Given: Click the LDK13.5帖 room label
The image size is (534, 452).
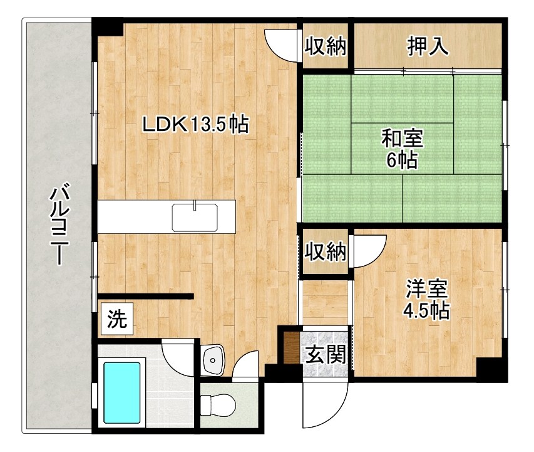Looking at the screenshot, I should pos(195,125).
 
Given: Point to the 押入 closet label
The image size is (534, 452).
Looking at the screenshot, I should pos(428,47).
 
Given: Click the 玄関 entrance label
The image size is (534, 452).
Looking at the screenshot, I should pos(326,355).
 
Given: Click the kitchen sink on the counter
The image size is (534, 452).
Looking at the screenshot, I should pos(195,217).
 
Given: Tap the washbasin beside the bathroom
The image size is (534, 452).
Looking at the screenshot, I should pos(214,360).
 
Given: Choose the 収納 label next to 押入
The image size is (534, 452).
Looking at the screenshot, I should pos(326,47).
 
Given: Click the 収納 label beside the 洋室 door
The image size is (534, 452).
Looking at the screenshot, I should pos(326,252).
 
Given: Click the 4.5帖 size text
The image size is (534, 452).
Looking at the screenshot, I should pos(427,310).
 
